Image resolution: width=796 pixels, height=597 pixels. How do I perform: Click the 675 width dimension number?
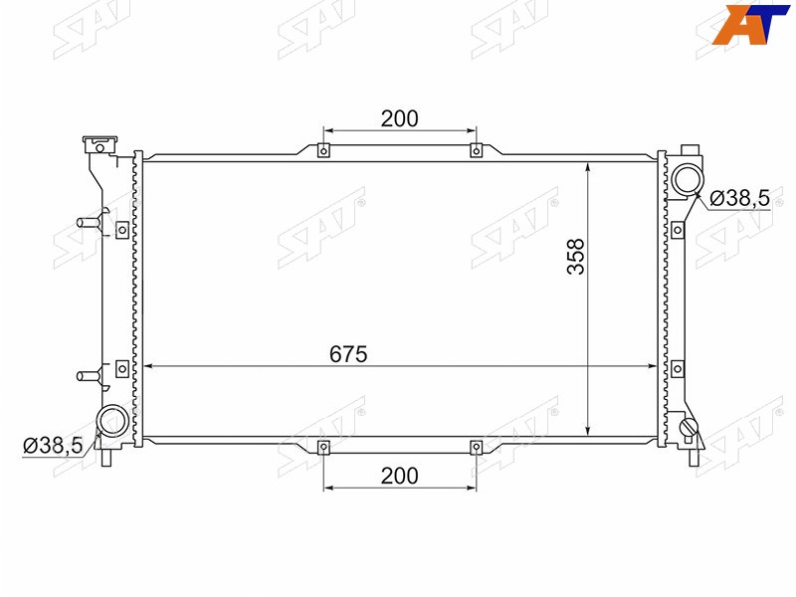point(348,354)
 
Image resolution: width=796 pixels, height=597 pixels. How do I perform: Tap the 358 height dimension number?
point(576,257)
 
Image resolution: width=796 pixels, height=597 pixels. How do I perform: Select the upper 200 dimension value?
point(400,118)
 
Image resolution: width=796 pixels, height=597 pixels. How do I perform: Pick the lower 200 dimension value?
point(400,477)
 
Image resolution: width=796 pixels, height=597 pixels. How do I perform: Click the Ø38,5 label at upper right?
point(739,198)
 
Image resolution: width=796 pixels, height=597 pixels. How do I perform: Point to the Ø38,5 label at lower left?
point(53,446)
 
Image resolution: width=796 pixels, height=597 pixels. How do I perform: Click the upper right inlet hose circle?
point(688,180)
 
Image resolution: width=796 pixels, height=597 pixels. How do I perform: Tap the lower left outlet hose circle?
point(112,421)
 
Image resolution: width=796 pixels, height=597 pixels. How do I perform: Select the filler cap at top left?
point(100,144)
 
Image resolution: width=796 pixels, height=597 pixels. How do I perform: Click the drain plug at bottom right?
point(690,428)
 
